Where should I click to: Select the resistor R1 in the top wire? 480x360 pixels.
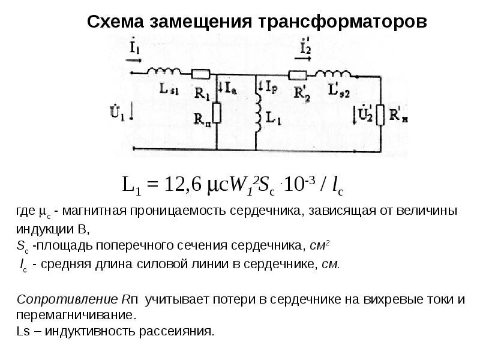[200, 74]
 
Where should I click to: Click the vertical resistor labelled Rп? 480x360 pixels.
[216, 112]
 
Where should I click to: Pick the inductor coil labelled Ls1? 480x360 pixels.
[163, 71]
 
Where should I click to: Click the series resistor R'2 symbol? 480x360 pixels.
[298, 75]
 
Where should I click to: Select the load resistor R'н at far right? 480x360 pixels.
[379, 115]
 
